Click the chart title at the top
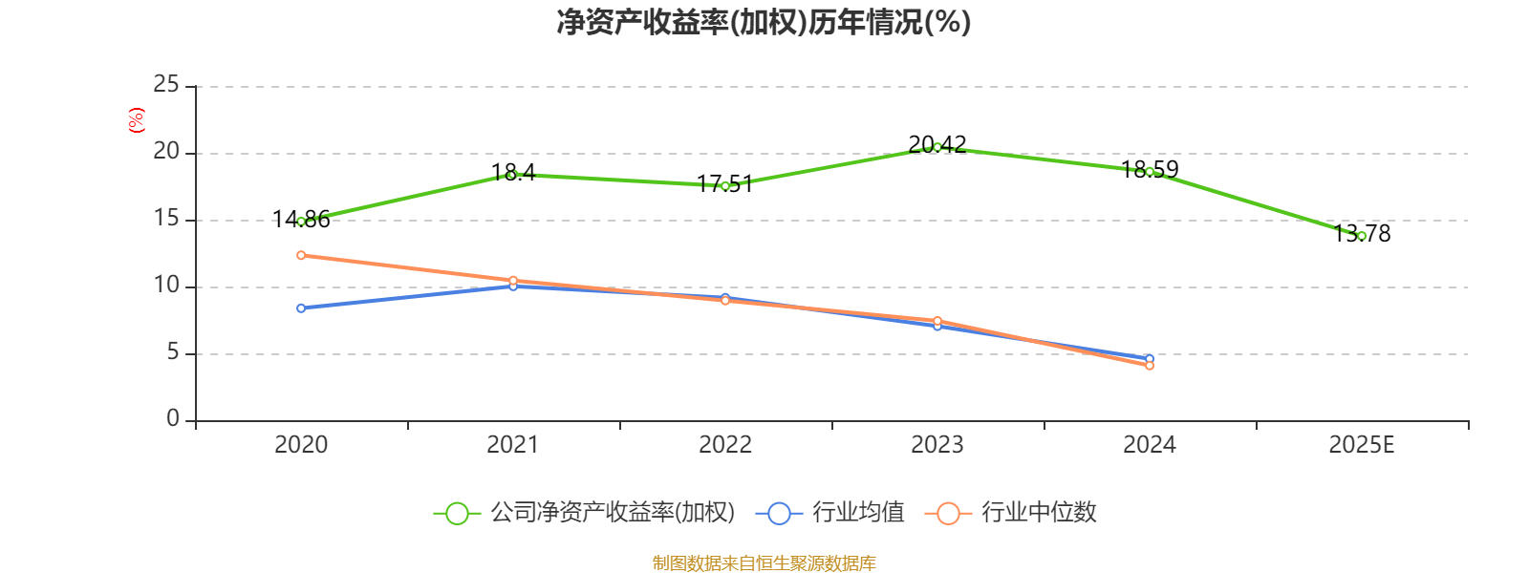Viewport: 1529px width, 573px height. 764,22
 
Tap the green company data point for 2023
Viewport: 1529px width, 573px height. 937,147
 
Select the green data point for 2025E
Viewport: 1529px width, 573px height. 1361,236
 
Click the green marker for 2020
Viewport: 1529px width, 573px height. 301,222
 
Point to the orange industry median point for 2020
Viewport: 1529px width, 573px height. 301,255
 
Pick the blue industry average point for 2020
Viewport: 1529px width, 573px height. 301,308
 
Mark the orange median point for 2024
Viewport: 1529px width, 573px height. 1150,366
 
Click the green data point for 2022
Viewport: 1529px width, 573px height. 725,186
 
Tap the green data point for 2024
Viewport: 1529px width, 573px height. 1150,172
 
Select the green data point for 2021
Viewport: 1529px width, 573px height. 513,175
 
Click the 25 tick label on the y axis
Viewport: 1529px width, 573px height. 166,85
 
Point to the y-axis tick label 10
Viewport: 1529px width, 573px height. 166,286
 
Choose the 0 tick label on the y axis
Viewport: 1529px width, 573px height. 173,419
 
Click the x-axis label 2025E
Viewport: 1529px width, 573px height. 1361,445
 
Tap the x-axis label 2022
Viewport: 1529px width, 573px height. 725,445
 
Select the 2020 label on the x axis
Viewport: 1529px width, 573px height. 301,445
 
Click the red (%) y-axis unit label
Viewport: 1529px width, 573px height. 137,120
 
